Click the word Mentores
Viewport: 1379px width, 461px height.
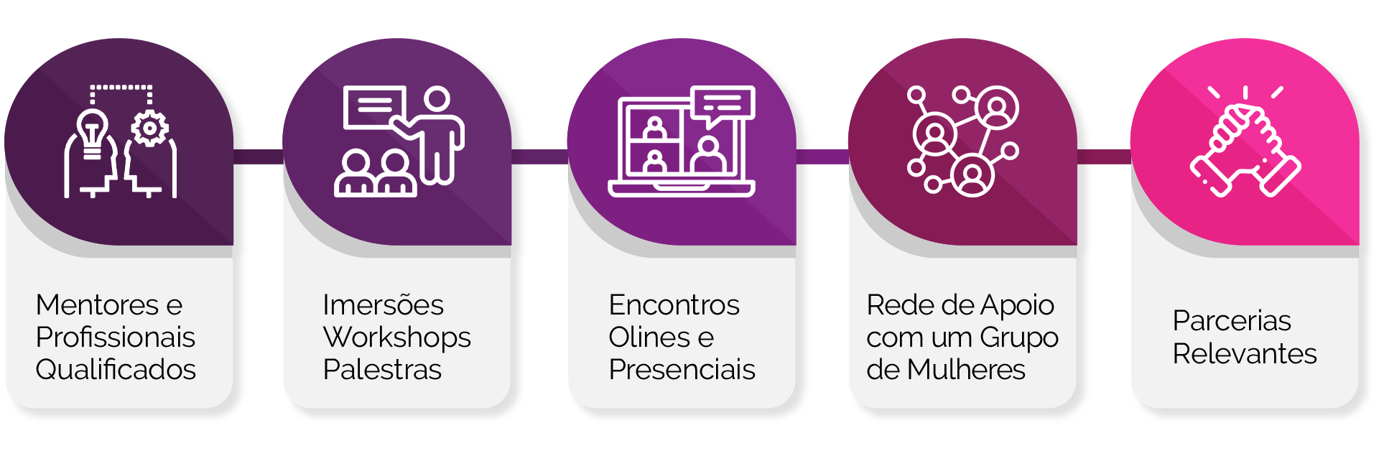click(98, 305)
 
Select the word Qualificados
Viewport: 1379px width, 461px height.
click(116, 370)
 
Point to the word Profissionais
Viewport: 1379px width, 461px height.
click(116, 337)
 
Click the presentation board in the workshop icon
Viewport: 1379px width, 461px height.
click(373, 107)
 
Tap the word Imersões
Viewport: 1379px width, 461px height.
click(383, 305)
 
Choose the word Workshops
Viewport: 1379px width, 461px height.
click(396, 337)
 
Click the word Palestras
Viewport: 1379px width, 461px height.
click(382, 370)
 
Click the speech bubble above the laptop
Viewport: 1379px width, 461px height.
click(723, 104)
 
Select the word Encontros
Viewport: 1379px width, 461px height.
click(674, 305)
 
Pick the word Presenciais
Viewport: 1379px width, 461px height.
click(682, 370)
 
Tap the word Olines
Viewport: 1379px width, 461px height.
click(650, 337)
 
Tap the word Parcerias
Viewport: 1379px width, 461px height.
click(1232, 321)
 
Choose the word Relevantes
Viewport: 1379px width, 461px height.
click(1245, 354)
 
